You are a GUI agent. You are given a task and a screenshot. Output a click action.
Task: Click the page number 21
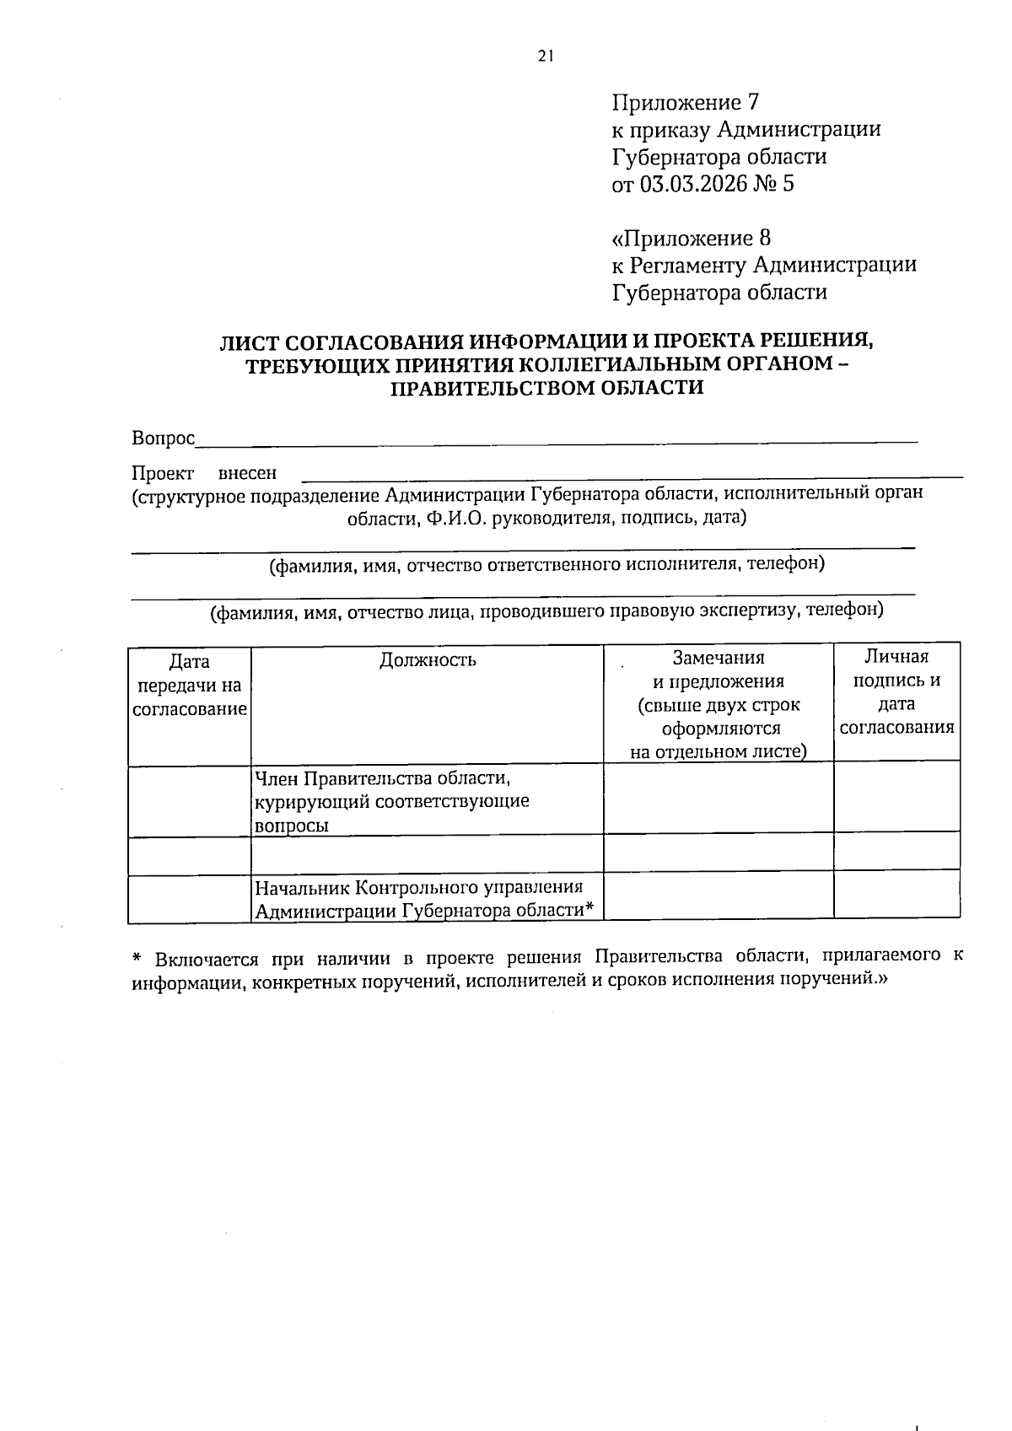point(546,56)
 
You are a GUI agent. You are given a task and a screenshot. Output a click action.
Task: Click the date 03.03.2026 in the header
point(693,184)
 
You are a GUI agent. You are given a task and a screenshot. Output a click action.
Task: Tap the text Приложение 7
point(685,103)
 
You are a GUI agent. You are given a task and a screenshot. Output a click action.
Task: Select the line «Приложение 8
point(691,238)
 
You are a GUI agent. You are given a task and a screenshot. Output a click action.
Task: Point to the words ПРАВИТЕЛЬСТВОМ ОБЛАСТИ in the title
point(547,389)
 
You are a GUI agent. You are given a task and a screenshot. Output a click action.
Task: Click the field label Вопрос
point(163,438)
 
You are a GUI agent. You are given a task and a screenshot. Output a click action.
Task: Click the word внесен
point(247,474)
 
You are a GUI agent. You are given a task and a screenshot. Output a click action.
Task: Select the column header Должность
point(428,659)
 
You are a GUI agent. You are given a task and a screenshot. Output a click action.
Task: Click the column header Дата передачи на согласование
point(190,685)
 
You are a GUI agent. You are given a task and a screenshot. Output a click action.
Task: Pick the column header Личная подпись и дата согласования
point(896,691)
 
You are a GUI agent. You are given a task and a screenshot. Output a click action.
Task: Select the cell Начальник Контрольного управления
point(419,887)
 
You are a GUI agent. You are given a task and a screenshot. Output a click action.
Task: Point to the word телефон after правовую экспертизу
point(844,609)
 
